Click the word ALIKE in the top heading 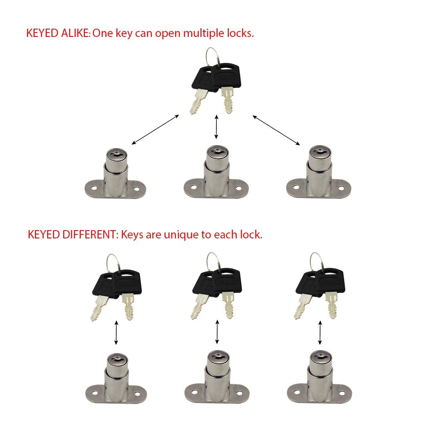(75, 33)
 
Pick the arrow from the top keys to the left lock (155, 130)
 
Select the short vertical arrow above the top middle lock (216, 127)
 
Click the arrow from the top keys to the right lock (276, 130)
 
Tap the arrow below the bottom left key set (116, 333)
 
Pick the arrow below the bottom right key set (320, 333)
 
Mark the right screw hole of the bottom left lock (137, 394)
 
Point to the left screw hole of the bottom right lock (297, 392)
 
